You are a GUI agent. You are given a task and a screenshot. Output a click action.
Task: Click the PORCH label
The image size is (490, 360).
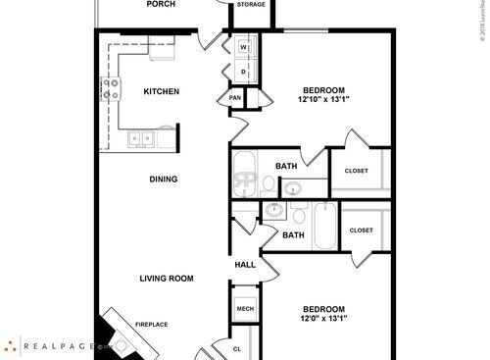(x=161, y=5)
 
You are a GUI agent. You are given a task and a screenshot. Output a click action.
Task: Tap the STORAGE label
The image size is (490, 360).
(x=250, y=5)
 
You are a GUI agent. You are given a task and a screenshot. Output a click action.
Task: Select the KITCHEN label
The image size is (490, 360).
(x=162, y=92)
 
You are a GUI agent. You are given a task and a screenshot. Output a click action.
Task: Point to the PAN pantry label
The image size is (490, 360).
(x=235, y=98)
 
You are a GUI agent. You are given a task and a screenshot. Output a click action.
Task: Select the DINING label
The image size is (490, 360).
(x=164, y=180)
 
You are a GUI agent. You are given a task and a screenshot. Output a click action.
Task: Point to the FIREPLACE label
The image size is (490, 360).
(x=152, y=325)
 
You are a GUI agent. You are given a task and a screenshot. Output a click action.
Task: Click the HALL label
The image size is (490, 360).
(x=245, y=266)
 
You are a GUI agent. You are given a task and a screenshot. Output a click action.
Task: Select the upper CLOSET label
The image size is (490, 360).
(x=357, y=171)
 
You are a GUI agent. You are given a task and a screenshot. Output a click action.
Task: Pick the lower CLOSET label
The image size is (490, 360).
(x=361, y=231)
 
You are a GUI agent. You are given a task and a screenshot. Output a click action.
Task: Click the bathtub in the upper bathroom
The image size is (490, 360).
(x=245, y=174)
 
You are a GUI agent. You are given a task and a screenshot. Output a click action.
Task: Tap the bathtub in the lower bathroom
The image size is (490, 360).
(x=324, y=227)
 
